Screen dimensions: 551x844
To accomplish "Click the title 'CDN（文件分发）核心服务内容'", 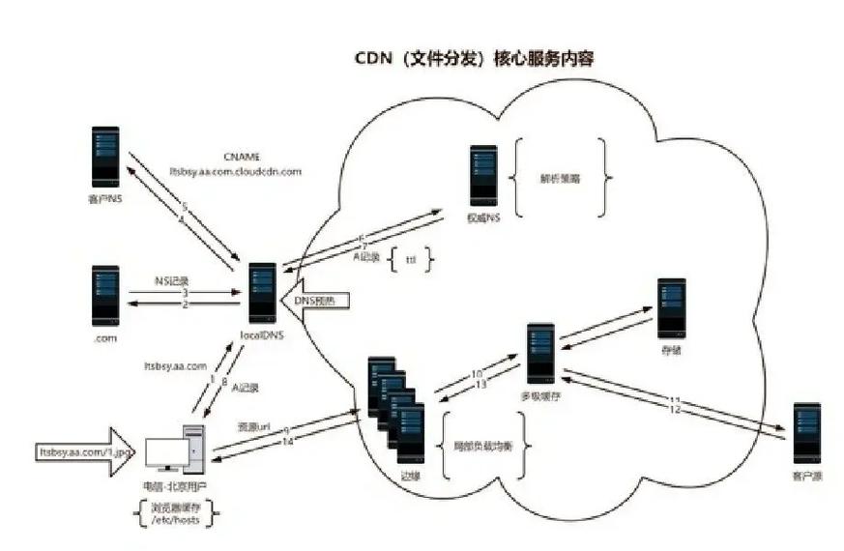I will (x=473, y=59).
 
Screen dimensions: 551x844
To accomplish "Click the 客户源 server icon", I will (x=805, y=434).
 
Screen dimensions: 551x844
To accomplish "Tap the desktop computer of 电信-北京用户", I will (x=174, y=449).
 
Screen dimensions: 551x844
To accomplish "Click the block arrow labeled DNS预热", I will (x=318, y=301).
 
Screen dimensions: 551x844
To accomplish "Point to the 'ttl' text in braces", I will (x=409, y=260).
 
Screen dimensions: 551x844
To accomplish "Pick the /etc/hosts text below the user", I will (x=175, y=520).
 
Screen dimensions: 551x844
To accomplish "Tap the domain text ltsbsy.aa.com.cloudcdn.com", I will (x=235, y=170).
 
